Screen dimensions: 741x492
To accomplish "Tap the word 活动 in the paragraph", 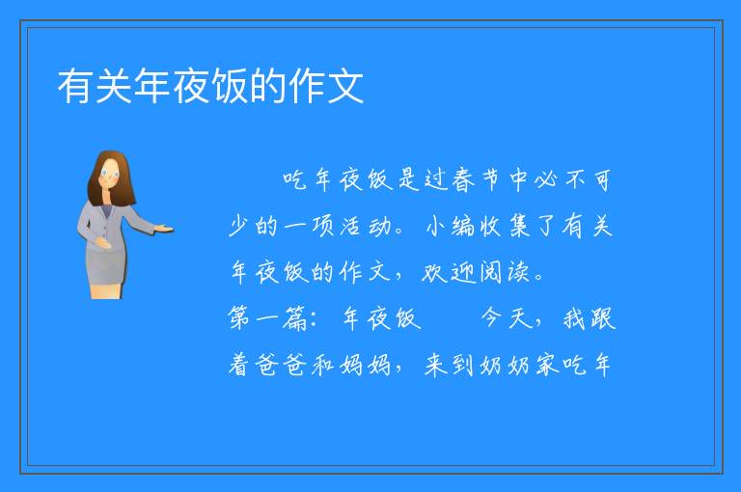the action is [x=366, y=226].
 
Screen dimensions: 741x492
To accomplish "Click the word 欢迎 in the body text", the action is [x=448, y=272].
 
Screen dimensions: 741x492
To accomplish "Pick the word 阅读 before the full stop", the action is [x=504, y=272].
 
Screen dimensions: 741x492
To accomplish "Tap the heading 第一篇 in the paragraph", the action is [x=267, y=318].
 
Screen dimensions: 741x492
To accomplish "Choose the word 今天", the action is [x=507, y=318].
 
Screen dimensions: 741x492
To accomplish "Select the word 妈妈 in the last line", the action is [x=366, y=365].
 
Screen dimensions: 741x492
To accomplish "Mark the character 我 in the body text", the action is [x=575, y=318].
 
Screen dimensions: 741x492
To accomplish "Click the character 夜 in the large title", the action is [x=191, y=86].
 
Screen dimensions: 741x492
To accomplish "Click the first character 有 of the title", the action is [x=75, y=86].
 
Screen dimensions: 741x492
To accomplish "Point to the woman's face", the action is [x=110, y=175].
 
